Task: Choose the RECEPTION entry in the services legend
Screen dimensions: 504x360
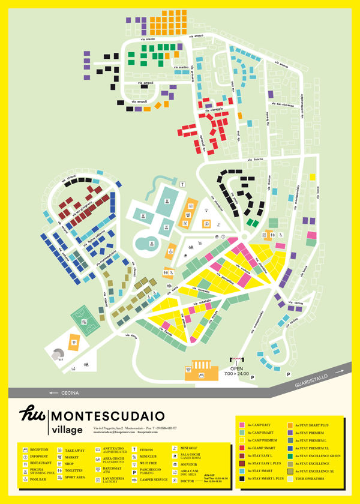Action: (x=38, y=449)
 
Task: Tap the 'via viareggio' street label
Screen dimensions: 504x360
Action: (x=212, y=110)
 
